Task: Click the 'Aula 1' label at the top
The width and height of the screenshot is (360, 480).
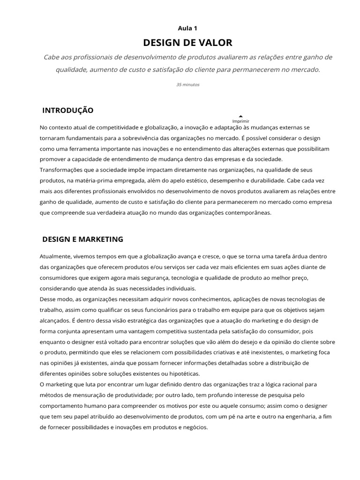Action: pyautogui.click(x=187, y=29)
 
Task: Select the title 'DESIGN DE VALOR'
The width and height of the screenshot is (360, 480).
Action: pyautogui.click(x=187, y=43)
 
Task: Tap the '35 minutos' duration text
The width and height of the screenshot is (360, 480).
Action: pyautogui.click(x=187, y=85)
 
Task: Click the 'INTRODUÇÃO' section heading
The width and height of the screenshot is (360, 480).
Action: pyautogui.click(x=68, y=111)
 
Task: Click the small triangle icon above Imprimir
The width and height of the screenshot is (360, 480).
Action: pyautogui.click(x=241, y=116)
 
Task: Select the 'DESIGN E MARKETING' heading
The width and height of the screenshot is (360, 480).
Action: pyautogui.click(x=83, y=239)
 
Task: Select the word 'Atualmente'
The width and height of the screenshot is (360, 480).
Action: pyautogui.click(x=56, y=256)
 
